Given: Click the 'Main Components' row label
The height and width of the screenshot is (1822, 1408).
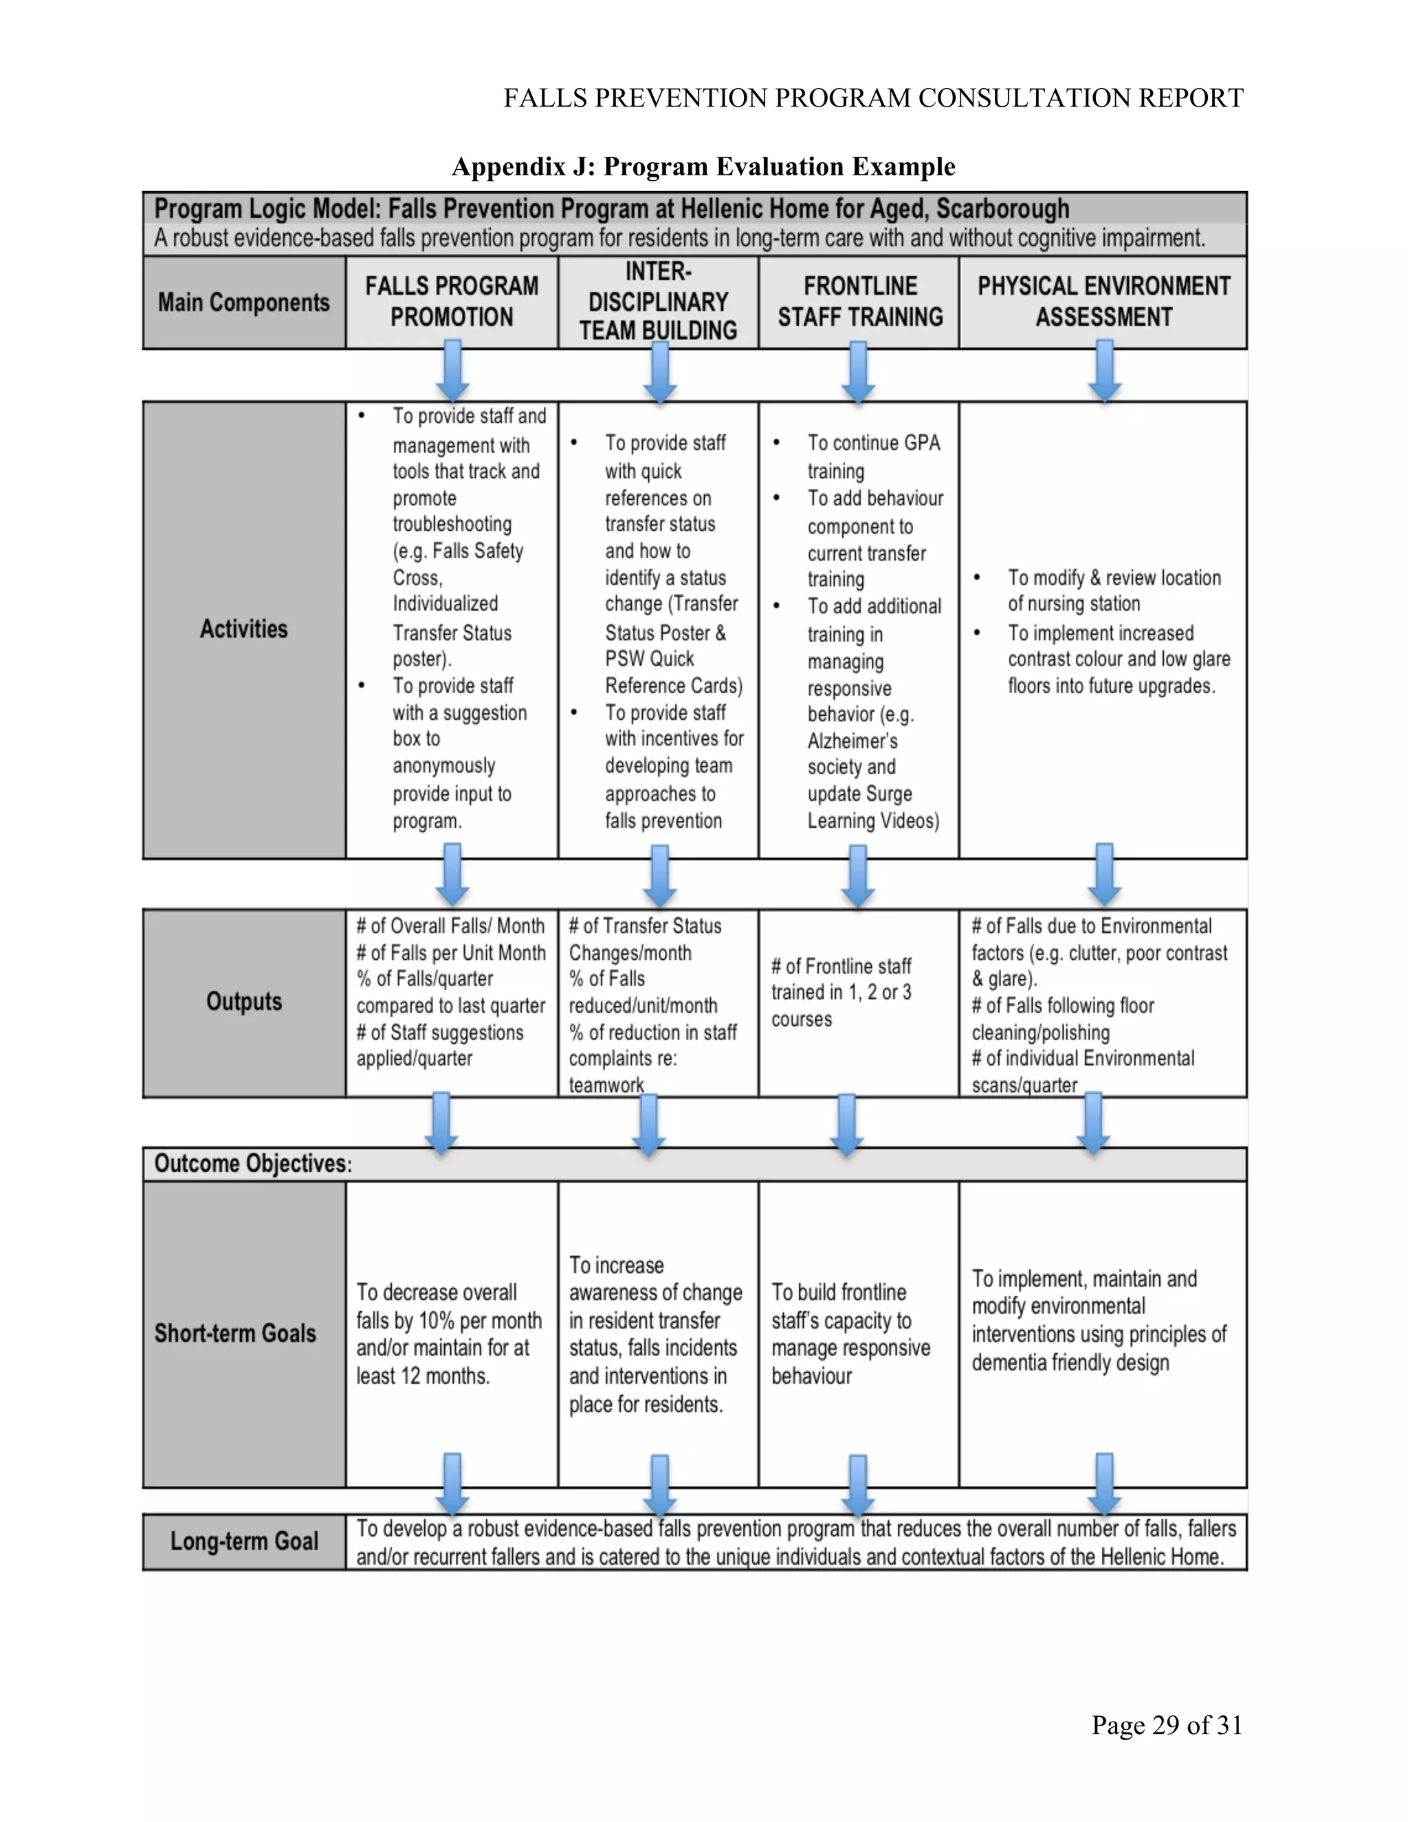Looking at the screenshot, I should [243, 302].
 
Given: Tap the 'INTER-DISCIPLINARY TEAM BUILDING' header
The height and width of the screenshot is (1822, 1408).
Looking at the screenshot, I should [658, 301].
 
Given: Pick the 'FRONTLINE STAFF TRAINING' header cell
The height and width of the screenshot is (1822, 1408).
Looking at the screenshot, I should [860, 301].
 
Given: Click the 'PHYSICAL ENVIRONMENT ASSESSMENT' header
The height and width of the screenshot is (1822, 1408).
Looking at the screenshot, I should [1103, 301].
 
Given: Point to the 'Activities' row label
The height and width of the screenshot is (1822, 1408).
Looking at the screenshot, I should [243, 629].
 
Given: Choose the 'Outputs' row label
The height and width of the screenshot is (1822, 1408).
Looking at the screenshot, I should [243, 1001].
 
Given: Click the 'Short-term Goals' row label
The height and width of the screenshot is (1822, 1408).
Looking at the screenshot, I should [235, 1333].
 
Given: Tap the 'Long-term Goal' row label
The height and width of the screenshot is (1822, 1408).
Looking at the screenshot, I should [243, 1541].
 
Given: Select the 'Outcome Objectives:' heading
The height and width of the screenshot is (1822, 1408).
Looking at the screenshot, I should [253, 1164].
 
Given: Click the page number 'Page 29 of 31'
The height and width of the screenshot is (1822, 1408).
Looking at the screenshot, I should [1167, 1724].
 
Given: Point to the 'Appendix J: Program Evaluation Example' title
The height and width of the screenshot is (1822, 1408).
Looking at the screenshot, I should [703, 167].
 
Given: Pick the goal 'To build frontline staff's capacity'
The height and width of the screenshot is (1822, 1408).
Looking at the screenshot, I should [850, 1333].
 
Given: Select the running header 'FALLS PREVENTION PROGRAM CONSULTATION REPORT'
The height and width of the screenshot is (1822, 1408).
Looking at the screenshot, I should [872, 98].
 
